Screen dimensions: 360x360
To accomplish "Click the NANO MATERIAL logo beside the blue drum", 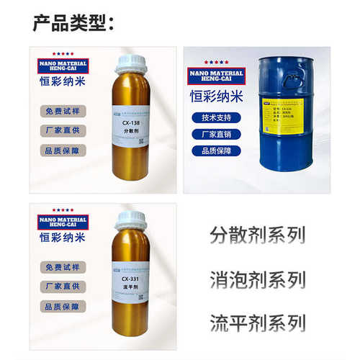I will (216, 74).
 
